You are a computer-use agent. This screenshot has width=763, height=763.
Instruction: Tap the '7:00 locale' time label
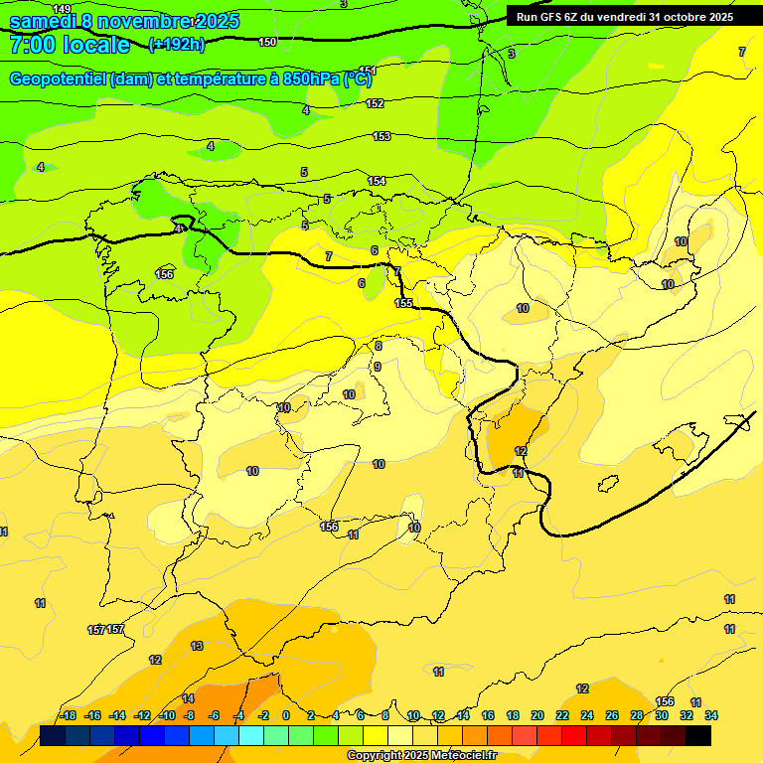tap(70, 45)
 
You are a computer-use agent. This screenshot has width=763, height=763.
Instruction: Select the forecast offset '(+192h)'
tap(177, 45)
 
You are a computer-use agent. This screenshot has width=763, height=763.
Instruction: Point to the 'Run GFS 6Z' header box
tap(625, 16)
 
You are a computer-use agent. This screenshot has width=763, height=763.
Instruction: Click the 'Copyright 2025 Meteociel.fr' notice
tap(421, 756)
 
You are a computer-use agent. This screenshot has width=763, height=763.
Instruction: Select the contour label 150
tap(267, 42)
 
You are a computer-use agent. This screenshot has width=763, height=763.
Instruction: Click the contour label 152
tap(375, 103)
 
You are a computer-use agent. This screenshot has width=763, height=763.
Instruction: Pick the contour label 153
tap(381, 136)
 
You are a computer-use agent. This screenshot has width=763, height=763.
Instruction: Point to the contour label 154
tap(377, 181)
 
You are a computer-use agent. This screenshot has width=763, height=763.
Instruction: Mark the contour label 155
tap(403, 303)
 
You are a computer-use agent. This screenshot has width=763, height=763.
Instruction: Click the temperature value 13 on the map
tap(197, 646)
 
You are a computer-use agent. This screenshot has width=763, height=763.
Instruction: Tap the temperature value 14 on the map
tap(188, 698)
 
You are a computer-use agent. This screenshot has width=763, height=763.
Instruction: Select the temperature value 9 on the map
tap(377, 367)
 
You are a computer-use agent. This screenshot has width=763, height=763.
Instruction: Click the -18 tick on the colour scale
tap(69, 715)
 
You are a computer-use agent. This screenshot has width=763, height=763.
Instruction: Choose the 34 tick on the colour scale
tap(711, 715)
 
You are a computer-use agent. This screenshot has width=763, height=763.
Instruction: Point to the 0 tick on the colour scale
tap(286, 715)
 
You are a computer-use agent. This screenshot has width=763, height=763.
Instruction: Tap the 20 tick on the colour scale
tap(536, 715)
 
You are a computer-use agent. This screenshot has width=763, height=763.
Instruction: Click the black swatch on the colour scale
tap(698, 735)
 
